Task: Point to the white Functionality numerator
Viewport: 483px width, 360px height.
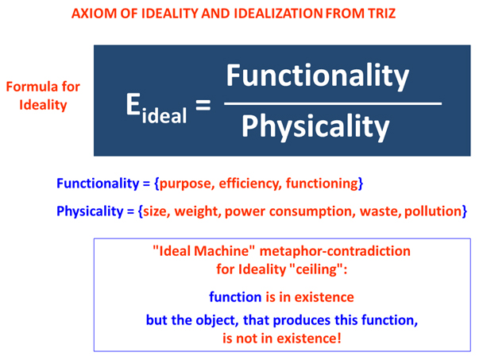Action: point(318,76)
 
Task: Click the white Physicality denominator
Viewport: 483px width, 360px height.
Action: point(315,127)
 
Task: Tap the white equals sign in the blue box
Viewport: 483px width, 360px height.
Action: point(203,105)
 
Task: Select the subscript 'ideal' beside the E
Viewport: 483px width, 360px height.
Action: point(164,115)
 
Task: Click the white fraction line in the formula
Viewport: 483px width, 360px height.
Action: point(333,103)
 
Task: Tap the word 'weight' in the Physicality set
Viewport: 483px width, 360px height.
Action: point(198,211)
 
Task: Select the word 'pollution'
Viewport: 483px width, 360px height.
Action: point(433,211)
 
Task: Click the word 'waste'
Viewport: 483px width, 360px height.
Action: point(381,211)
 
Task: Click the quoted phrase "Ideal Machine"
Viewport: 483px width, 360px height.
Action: point(204,251)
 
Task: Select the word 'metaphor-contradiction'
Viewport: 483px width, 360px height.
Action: point(335,251)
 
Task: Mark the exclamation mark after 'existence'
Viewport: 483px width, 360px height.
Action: point(339,338)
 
